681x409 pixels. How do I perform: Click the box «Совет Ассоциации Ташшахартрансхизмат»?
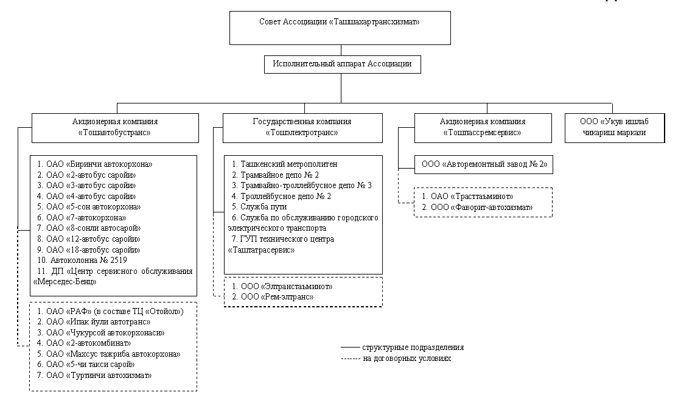[x=340, y=28]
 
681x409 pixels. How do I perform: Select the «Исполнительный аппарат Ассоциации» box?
[x=342, y=65]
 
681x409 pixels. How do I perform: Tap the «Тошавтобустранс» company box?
[x=115, y=128]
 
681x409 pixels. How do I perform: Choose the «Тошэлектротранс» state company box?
[x=302, y=128]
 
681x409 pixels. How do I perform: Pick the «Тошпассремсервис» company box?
[x=483, y=128]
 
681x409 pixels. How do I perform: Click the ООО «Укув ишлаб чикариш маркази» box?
[x=615, y=128]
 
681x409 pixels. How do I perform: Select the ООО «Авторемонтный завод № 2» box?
[x=484, y=164]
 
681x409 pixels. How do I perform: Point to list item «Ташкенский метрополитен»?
[x=284, y=164]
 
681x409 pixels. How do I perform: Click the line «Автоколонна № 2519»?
[x=82, y=260]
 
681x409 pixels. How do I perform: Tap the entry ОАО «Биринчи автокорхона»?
[x=95, y=164]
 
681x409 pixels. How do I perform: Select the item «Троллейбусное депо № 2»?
[x=281, y=196]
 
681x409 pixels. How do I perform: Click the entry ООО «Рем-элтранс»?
[x=273, y=297]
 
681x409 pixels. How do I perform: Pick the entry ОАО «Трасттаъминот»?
[x=468, y=197]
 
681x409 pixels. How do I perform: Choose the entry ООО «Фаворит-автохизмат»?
[x=477, y=208]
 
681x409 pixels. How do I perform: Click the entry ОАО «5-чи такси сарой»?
[x=86, y=365]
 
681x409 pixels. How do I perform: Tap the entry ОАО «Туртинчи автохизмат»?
[x=94, y=375]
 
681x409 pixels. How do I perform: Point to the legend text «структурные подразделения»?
[x=413, y=348]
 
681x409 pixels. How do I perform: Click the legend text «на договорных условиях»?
[x=407, y=358]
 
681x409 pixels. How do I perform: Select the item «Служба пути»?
[x=259, y=207]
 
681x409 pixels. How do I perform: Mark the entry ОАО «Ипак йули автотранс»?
[x=94, y=322]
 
